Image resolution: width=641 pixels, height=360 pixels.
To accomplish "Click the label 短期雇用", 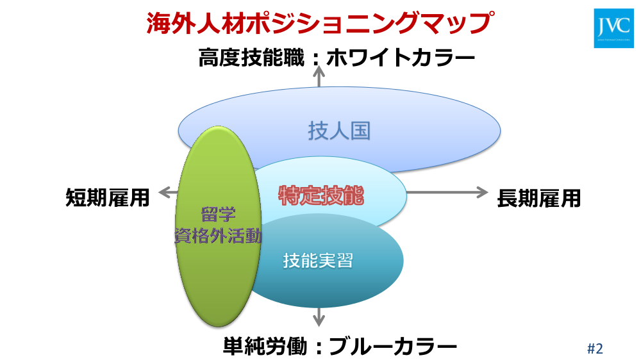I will tap(107, 198).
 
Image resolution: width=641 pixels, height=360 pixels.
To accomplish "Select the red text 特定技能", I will tap(320, 195).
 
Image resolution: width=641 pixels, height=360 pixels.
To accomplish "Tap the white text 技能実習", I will tap(318, 261).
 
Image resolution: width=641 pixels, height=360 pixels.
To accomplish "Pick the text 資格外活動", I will tap(219, 236).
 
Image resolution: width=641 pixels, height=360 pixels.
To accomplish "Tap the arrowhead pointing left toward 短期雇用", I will tap(162, 192).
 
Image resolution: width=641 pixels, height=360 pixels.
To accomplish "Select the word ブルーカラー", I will tap(392, 347).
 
